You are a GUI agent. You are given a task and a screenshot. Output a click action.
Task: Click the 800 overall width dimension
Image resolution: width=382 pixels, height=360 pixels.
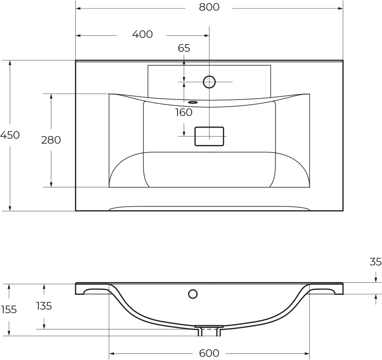tap(209, 8)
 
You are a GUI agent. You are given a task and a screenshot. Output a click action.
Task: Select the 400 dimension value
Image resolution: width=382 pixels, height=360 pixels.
tap(142, 34)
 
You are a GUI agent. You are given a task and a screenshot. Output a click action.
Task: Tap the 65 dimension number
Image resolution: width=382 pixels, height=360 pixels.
tap(184, 48)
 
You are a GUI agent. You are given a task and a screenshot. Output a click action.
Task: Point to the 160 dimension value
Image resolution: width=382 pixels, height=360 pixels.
tap(184, 112)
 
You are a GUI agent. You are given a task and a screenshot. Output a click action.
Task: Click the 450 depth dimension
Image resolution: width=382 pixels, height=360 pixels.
tap(10, 135)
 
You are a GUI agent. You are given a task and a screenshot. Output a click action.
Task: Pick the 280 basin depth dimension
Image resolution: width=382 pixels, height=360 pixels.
tap(51, 140)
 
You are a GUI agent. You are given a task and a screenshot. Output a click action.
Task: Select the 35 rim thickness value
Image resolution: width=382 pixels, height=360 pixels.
tap(375, 262)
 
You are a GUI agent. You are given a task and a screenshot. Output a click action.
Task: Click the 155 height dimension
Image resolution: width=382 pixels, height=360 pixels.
tap(9, 309)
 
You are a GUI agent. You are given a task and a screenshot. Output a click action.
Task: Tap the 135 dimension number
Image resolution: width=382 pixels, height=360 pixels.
tap(44, 306)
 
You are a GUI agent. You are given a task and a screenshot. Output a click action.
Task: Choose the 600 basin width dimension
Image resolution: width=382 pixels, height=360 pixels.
tap(209, 353)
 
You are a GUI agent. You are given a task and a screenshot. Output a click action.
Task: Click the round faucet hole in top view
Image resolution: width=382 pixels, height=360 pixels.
tap(209, 82)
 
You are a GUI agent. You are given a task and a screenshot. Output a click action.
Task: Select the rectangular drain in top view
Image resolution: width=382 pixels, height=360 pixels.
tap(209, 136)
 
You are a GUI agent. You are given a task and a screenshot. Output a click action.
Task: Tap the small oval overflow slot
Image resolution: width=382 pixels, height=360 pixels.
tap(193, 102)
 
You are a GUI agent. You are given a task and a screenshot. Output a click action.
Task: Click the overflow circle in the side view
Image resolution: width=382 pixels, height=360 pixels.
tap(193, 294)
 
